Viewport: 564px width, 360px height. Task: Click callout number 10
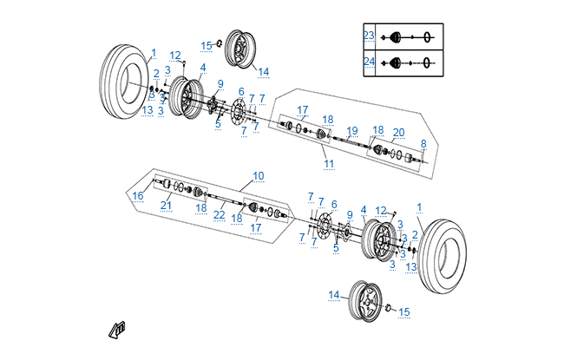258,176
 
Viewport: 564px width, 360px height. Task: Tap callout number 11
329,163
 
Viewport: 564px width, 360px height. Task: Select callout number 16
138,196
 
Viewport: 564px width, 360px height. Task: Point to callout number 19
351,131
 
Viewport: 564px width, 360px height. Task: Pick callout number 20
398,133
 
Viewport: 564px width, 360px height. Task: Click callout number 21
166,205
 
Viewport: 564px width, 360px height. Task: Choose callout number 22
220,215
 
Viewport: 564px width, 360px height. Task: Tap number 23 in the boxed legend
369,36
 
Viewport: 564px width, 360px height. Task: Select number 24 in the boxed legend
369,62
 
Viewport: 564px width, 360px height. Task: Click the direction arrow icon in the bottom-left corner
117,329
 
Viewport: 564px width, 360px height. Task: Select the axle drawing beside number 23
408,36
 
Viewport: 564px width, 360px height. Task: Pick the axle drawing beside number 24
408,62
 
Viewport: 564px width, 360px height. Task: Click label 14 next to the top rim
263,72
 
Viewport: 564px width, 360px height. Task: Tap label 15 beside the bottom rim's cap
403,312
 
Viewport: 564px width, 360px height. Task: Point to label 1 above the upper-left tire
154,54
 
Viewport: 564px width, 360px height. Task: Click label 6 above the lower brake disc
333,204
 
